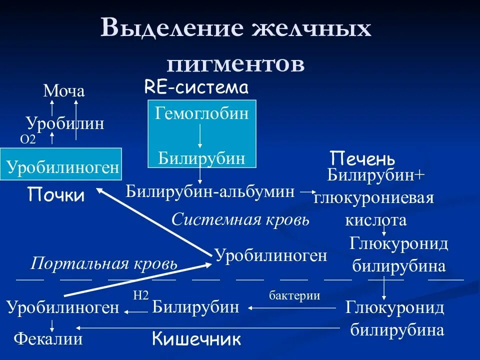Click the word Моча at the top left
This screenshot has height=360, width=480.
coord(64,91)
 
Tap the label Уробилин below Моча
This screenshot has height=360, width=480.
coord(65,123)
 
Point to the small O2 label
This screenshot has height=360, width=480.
coord(28,140)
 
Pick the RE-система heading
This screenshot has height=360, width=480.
coord(196,88)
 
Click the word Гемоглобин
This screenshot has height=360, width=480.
coord(202,114)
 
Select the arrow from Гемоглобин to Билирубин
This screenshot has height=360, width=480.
coord(200,136)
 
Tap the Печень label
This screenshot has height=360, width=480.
coord(362,159)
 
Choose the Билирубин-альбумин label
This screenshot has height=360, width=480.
coord(210,191)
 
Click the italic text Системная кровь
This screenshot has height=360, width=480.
coord(240,219)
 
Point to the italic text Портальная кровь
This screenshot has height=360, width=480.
coord(104,263)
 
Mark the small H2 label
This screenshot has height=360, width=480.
coord(141,295)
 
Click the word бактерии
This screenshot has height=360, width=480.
coord(294,295)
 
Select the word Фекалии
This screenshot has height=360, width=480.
coord(48,339)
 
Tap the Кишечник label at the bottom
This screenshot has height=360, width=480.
coord(196,339)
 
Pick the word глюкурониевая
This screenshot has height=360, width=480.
coord(373,198)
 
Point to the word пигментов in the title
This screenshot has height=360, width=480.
coord(235,63)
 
